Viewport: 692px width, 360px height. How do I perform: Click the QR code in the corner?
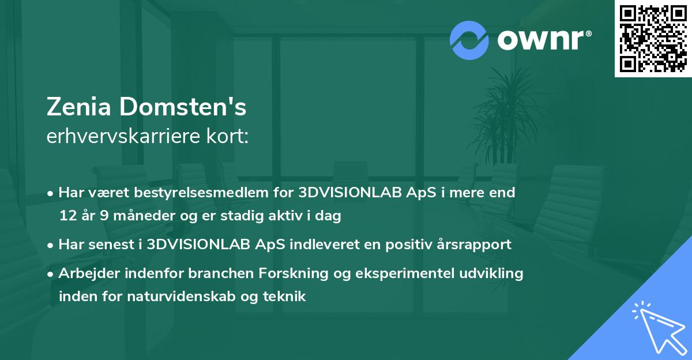653,38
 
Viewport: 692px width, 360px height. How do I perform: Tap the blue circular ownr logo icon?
469,40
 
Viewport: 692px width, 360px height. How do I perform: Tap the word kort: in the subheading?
229,137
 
